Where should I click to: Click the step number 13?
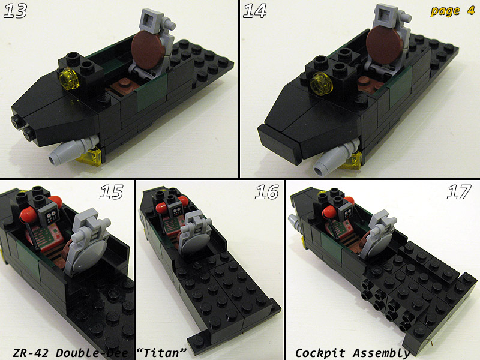pyautogui.click(x=16, y=11)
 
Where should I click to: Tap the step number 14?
pyautogui.click(x=254, y=11)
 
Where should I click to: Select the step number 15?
pyautogui.click(x=112, y=192)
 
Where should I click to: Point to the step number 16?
pyautogui.click(x=266, y=192)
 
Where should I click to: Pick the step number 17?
pyautogui.click(x=458, y=192)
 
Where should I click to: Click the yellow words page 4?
pyautogui.click(x=452, y=11)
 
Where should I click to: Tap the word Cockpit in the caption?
pyautogui.click(x=320, y=353)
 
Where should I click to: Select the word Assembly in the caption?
pyautogui.click(x=381, y=353)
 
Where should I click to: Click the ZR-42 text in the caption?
pyautogui.click(x=31, y=353)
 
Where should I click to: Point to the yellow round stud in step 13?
pyautogui.click(x=69, y=79)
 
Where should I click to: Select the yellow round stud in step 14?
pyautogui.click(x=320, y=84)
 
